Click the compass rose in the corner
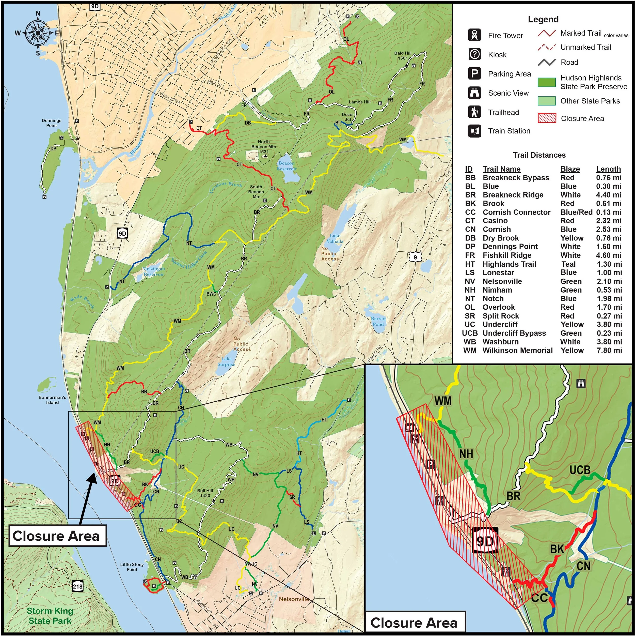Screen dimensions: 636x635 38,33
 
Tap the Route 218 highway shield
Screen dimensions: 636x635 78,586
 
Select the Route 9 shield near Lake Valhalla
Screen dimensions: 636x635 415,257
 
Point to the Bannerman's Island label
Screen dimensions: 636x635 52,400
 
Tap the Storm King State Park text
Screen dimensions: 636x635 50,616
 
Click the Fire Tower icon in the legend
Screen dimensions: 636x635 474,35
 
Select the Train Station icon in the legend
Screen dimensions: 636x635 474,131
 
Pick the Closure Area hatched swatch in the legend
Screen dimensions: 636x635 547,118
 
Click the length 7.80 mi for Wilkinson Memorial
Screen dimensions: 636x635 609,350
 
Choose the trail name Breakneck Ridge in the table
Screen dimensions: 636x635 513,195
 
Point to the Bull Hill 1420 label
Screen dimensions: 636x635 205,493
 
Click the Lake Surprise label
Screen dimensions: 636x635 226,361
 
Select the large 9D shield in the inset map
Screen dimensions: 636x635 485,540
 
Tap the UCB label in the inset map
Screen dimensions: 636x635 580,470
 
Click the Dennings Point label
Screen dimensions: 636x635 52,123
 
